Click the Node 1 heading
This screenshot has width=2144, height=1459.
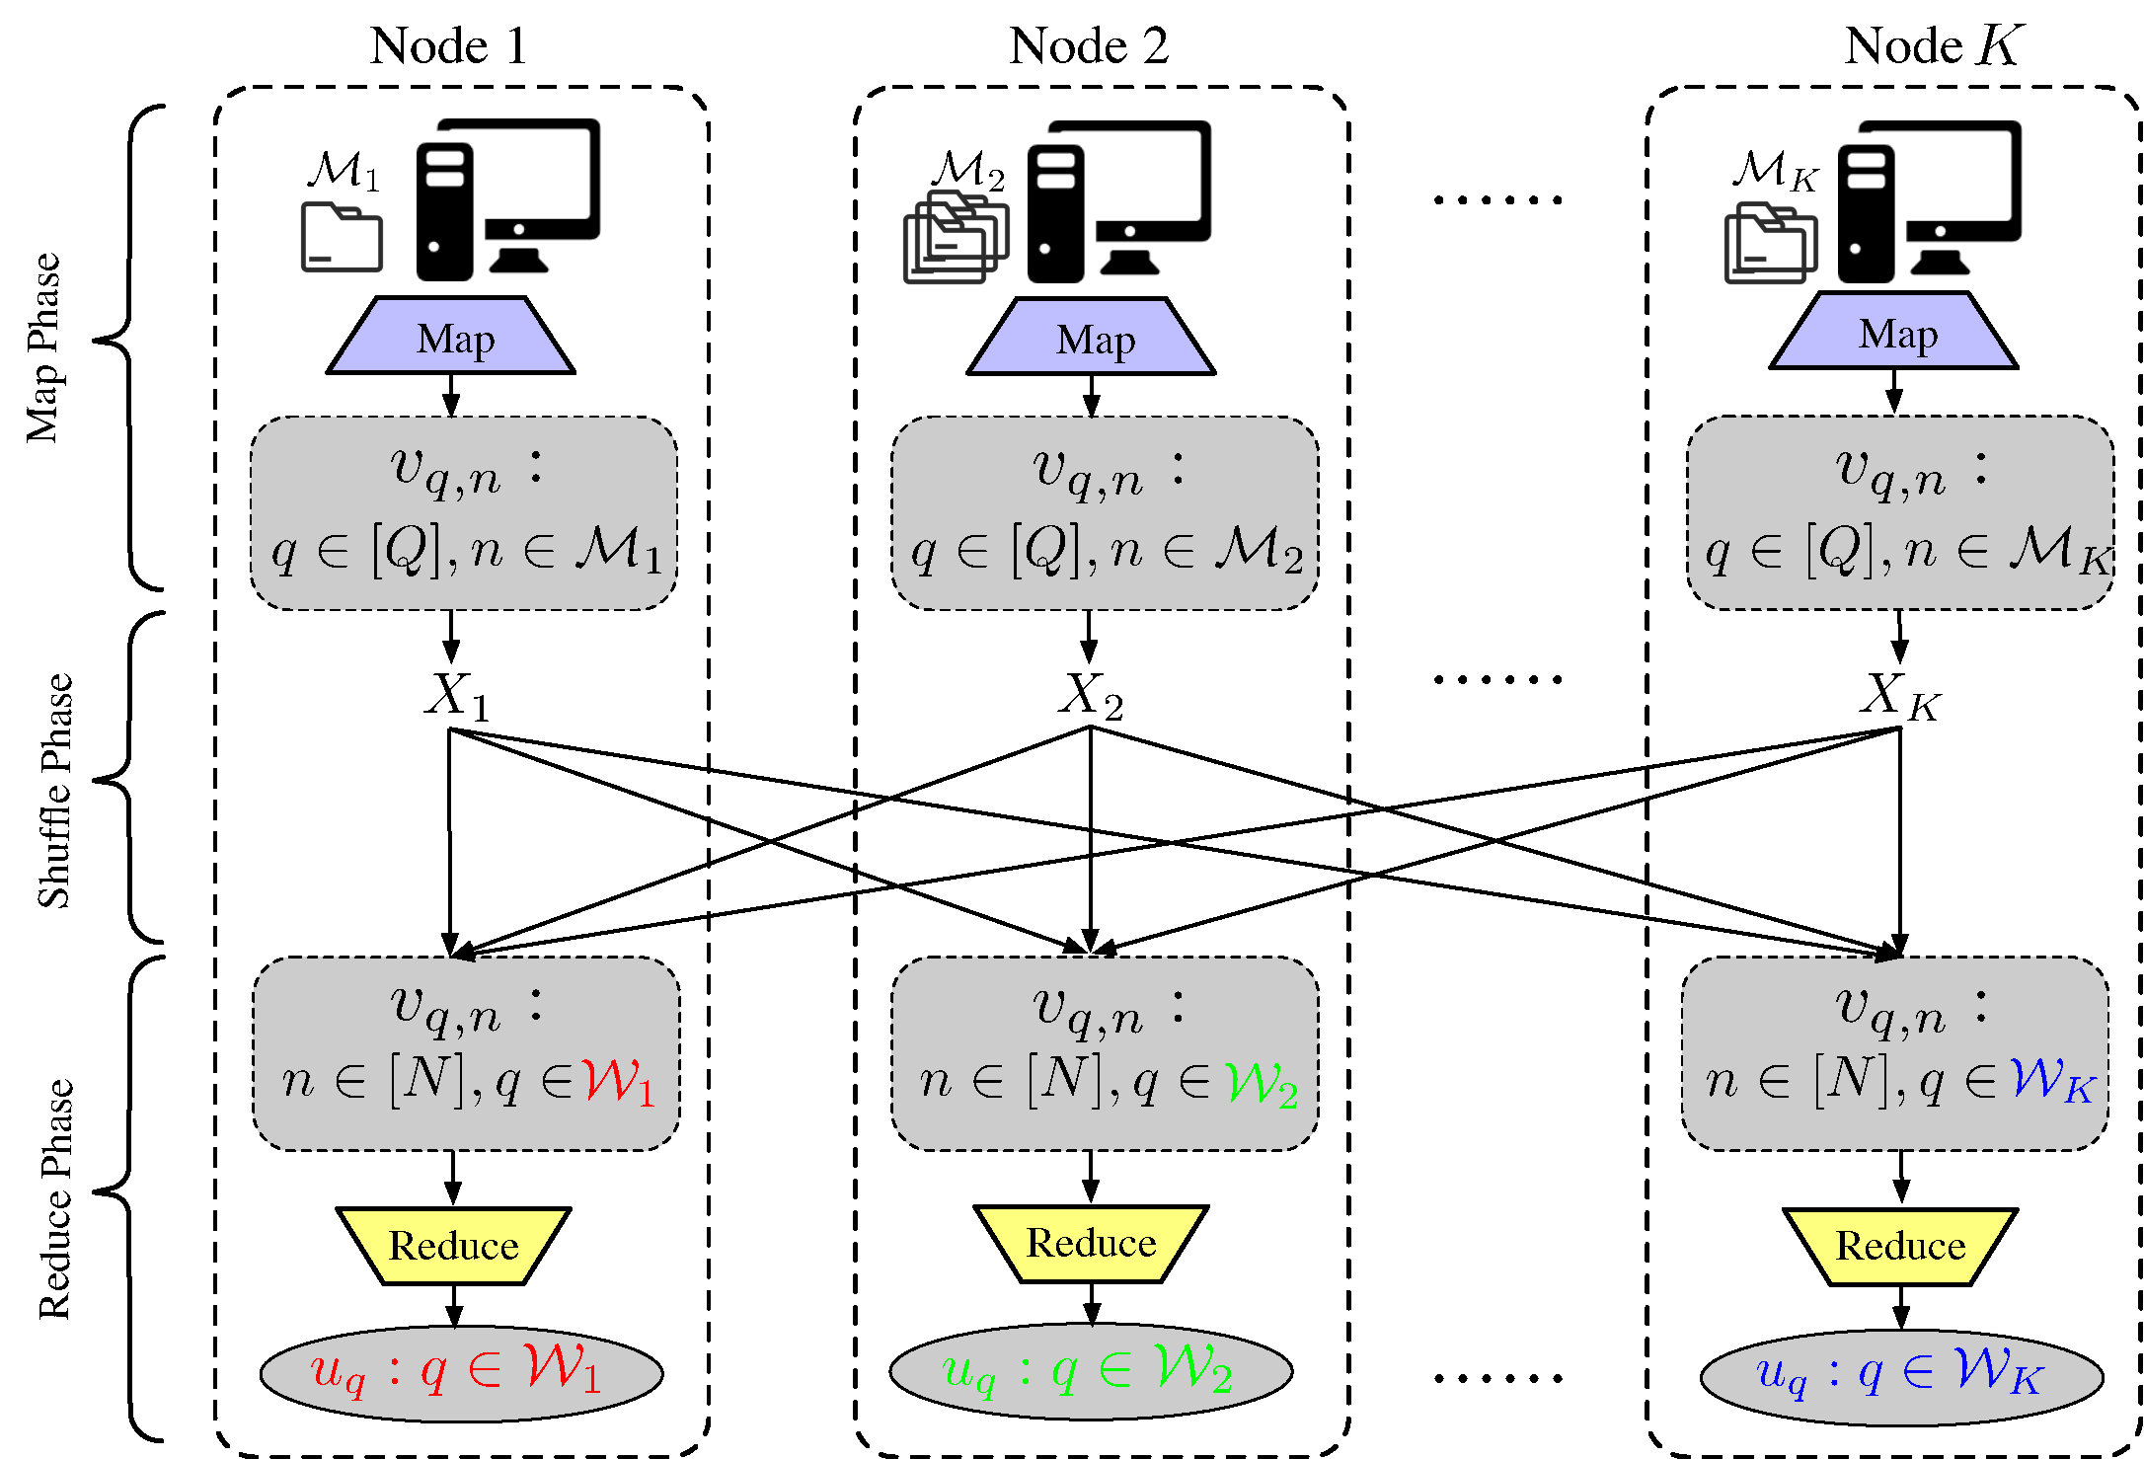click(449, 46)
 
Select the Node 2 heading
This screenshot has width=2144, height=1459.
click(1089, 46)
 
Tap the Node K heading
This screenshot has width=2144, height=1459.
click(1934, 46)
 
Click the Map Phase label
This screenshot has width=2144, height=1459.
click(44, 347)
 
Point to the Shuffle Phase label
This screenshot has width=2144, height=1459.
click(55, 790)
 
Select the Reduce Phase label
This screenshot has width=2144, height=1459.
click(55, 1199)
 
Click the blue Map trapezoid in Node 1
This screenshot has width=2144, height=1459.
click(452, 338)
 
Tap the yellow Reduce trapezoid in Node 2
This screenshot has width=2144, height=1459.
click(1091, 1244)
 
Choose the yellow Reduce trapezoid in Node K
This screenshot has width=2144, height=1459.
click(1900, 1247)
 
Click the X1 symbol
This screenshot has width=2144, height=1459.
click(457, 696)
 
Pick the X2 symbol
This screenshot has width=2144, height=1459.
click(1091, 696)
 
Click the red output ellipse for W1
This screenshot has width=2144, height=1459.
click(461, 1373)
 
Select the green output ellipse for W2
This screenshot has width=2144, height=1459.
click(1091, 1371)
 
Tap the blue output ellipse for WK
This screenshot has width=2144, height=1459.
click(1901, 1376)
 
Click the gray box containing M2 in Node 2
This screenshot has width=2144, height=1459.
click(1105, 513)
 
